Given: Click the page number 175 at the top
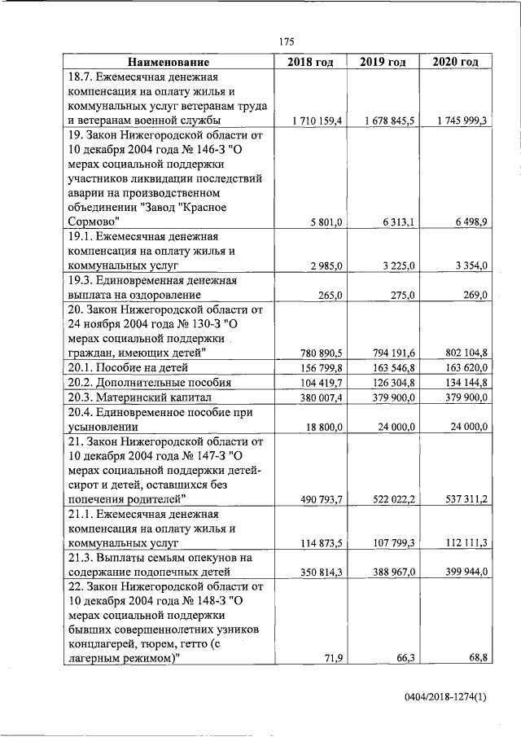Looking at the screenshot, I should coord(286,42).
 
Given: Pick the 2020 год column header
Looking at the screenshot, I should coord(455,62).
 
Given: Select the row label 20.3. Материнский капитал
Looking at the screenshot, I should coord(139,397).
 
